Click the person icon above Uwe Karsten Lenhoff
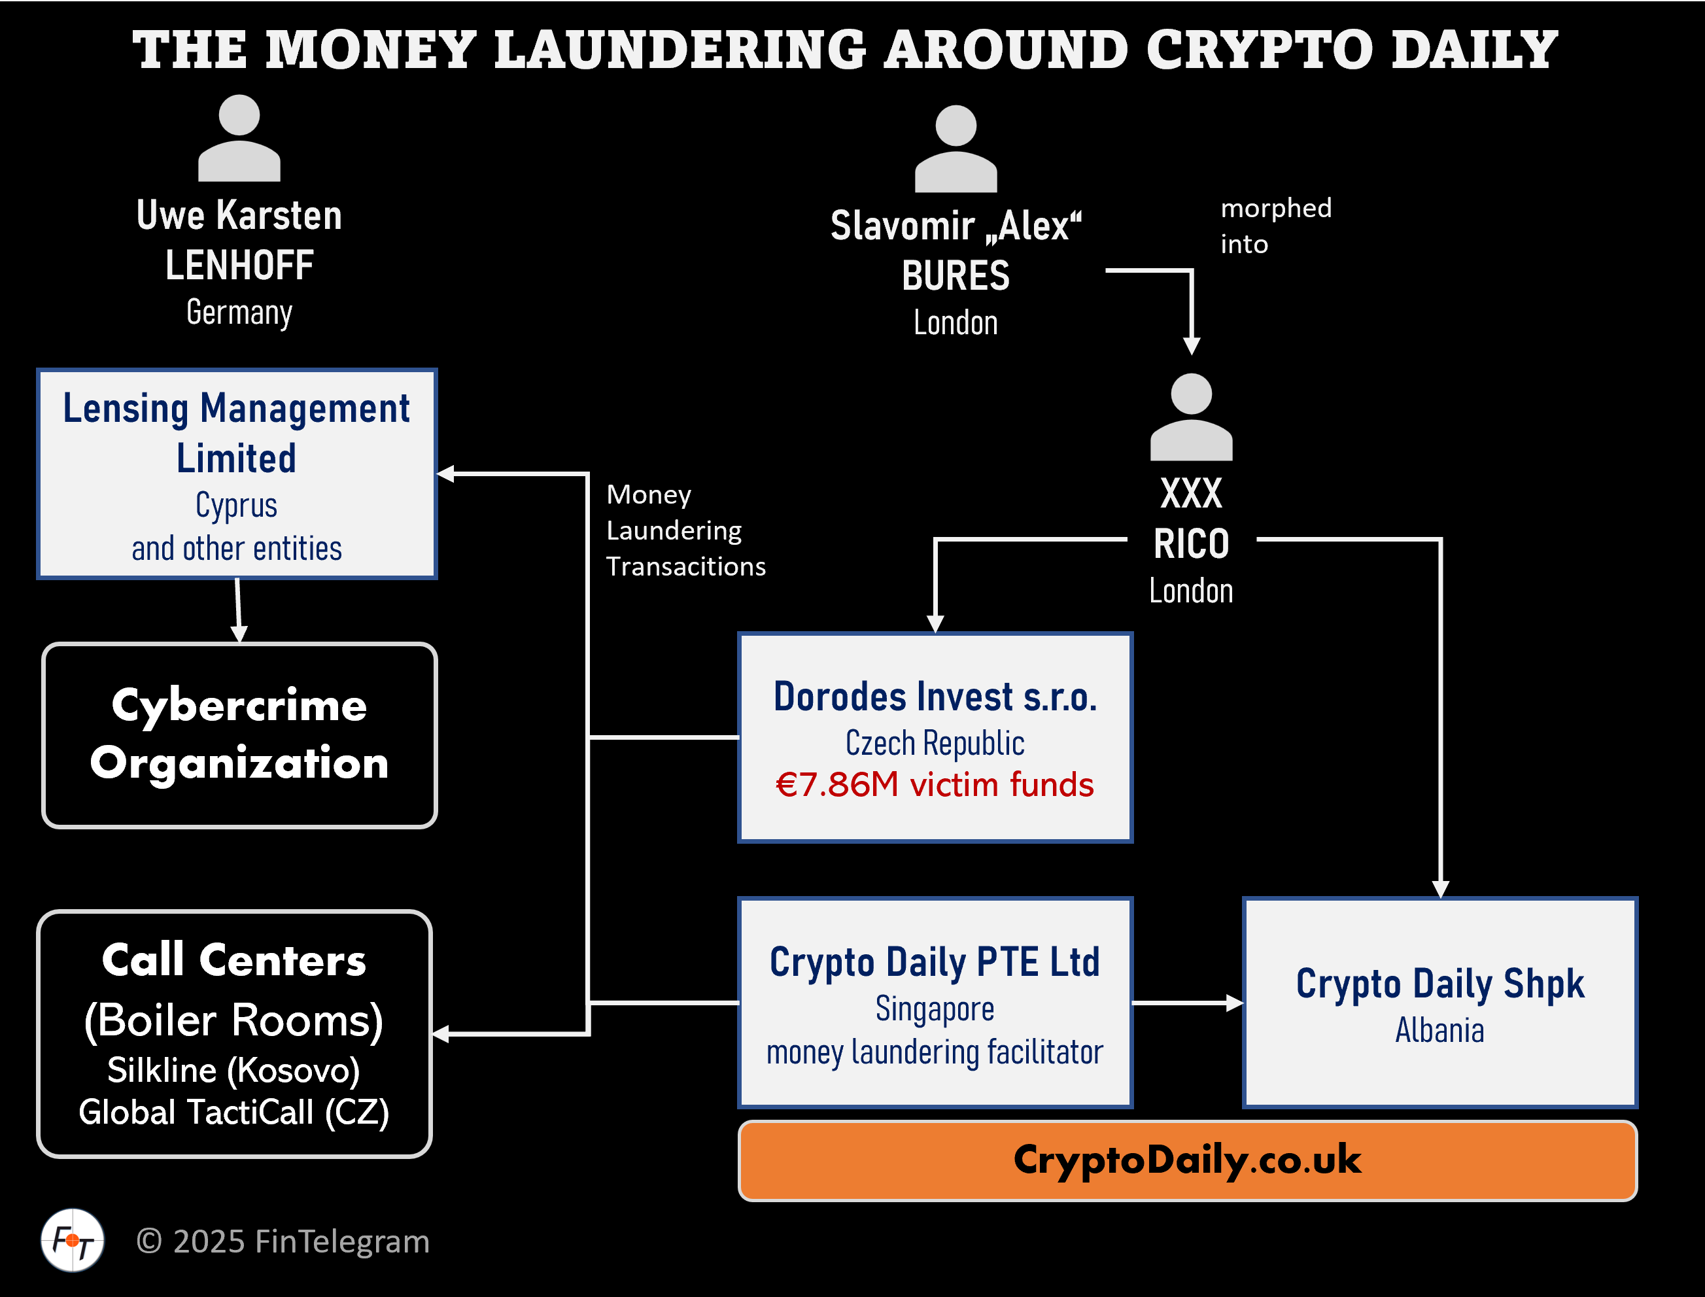pos(239,139)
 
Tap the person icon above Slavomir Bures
pos(956,149)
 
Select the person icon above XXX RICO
pos(1191,418)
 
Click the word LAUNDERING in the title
pos(680,50)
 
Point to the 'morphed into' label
pos(1275,226)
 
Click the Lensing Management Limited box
pos(237,474)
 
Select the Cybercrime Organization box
pos(239,735)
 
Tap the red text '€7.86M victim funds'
pos(934,784)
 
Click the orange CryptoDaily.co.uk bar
pos(1187,1160)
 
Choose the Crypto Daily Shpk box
pos(1439,1002)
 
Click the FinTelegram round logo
pos(73,1240)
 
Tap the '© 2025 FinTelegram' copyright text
pos(283,1241)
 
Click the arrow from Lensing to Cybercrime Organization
pos(239,610)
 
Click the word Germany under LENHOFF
pos(239,313)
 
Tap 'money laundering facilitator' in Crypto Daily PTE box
pos(934,1052)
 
